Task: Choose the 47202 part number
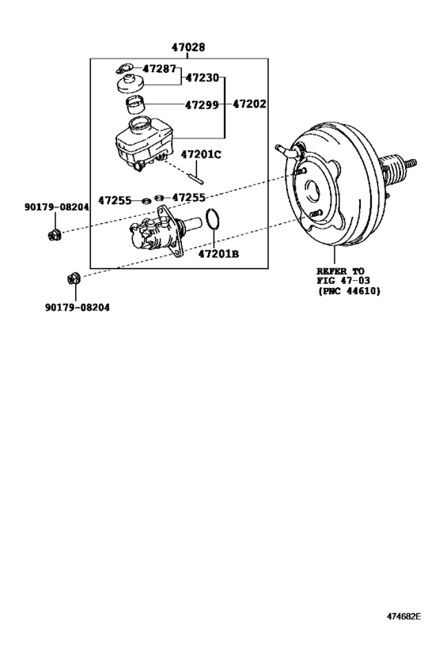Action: pos(250,104)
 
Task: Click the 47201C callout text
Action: pos(202,154)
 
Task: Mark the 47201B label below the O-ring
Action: pos(218,254)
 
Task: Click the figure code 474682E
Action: pos(403,616)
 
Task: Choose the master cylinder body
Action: pos(158,232)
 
